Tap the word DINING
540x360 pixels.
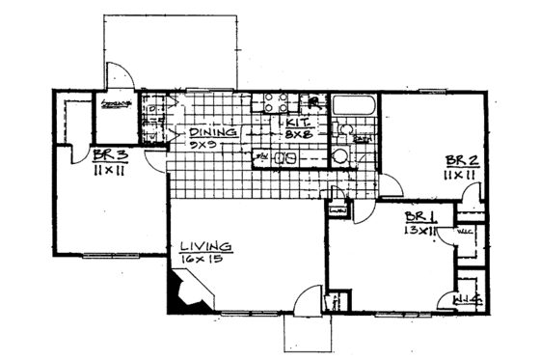[x=208, y=132]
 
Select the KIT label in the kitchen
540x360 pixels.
[x=295, y=124]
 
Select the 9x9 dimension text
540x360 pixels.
[x=202, y=146]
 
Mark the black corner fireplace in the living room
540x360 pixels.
[x=179, y=292]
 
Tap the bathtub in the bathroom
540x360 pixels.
[x=354, y=106]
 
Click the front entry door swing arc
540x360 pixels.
[x=306, y=300]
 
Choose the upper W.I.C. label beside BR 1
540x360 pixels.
[x=463, y=231]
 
